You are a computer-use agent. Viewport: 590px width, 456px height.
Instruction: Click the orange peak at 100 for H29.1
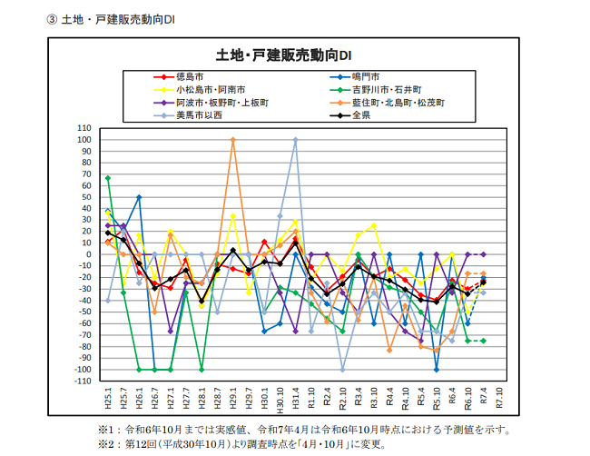pos(233,140)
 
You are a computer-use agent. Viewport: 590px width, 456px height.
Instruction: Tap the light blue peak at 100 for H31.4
pos(295,140)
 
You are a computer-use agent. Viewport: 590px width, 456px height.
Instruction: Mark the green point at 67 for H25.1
pos(108,178)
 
